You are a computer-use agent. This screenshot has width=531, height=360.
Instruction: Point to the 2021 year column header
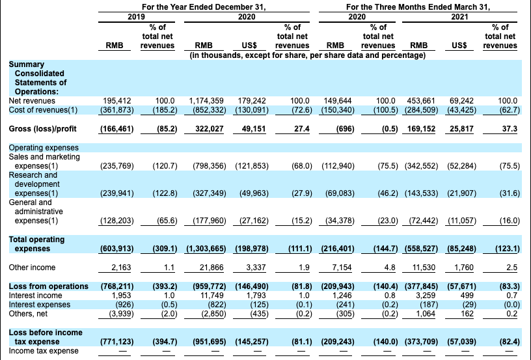459,16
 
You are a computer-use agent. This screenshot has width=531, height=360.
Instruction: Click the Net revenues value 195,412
118,101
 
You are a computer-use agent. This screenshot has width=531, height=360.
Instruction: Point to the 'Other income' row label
32,268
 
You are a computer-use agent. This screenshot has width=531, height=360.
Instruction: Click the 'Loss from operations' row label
48,286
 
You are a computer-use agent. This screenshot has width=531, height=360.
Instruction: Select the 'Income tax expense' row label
44,351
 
